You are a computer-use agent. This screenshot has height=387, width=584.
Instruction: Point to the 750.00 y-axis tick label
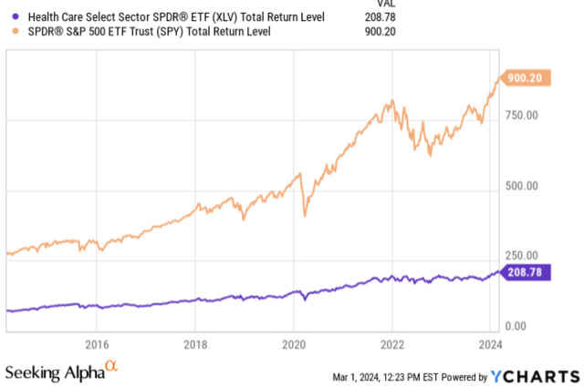click(524, 116)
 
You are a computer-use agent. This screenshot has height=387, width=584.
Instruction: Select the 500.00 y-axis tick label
click(524, 186)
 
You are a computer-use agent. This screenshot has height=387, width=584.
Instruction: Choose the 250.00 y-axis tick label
click(524, 256)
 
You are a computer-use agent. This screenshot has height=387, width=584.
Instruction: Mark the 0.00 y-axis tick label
click(516, 325)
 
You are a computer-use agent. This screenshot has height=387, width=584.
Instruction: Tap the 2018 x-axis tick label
click(194, 344)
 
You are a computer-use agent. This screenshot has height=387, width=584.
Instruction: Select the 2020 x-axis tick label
click(293, 344)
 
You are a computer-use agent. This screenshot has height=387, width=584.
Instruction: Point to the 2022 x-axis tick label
click(391, 344)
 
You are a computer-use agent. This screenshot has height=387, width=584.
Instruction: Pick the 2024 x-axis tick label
click(489, 344)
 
